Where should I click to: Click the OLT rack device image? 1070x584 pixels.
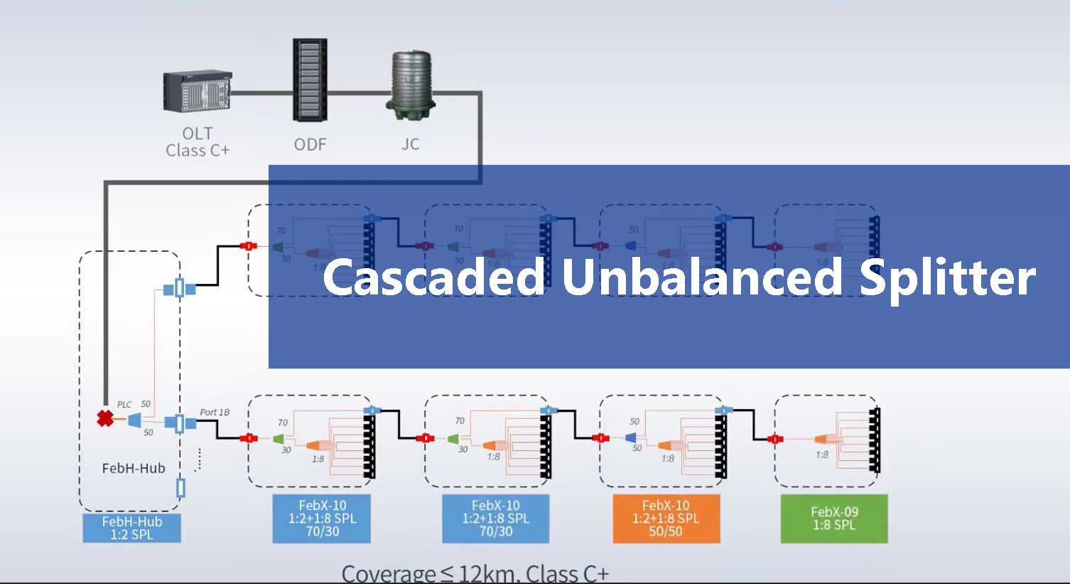[198, 91]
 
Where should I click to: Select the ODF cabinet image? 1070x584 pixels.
[310, 80]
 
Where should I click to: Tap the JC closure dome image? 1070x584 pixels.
[411, 84]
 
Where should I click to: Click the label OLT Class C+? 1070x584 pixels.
[198, 142]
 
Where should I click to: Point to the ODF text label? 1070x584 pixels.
[310, 144]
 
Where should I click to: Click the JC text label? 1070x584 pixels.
[411, 144]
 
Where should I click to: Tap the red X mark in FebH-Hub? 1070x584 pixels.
[105, 418]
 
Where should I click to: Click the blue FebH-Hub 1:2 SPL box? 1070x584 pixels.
[131, 528]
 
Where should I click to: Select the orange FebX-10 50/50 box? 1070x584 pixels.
[666, 519]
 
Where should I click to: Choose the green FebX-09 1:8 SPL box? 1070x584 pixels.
[834, 519]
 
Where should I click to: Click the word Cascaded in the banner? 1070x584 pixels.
[433, 277]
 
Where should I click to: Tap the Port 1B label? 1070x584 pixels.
[215, 412]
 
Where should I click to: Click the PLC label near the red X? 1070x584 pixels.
[124, 404]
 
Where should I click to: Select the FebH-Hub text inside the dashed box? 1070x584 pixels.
[134, 468]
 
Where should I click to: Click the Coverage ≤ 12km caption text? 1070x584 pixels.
[475, 573]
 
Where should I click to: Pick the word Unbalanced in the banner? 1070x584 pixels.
[702, 277]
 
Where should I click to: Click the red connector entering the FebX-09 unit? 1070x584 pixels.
[775, 439]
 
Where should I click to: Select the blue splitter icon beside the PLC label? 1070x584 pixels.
[134, 420]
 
